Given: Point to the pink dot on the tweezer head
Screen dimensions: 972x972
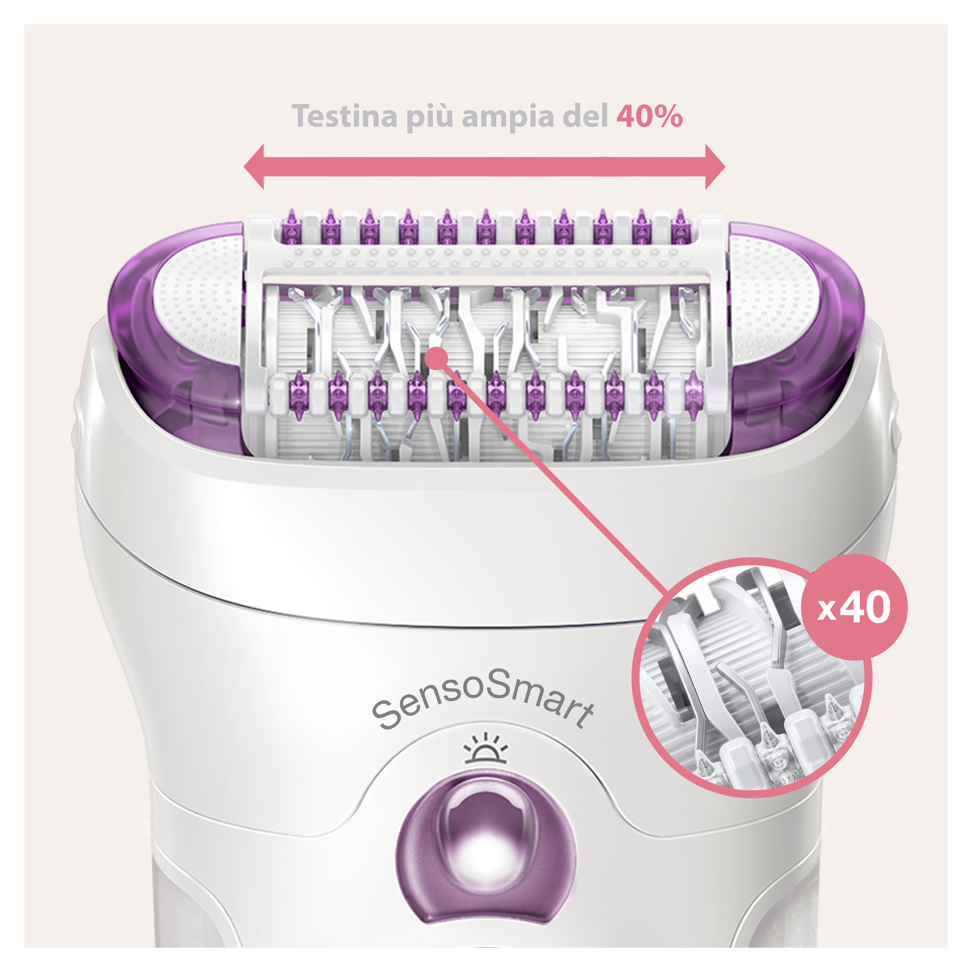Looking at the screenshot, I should pos(436,359).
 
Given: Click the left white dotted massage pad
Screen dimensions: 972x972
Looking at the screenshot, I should pos(199,297).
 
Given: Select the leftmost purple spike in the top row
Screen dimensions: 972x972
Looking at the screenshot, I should pos(291,226).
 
